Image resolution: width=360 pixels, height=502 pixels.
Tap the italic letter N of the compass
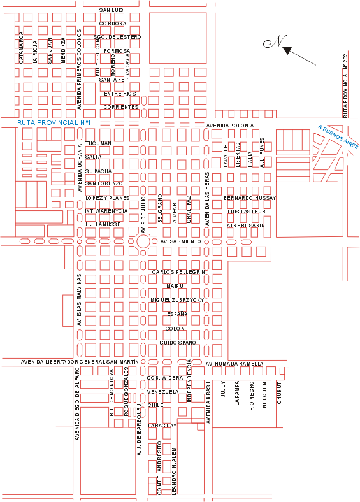pos(278,42)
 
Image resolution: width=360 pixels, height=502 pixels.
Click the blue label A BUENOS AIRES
pos(338,136)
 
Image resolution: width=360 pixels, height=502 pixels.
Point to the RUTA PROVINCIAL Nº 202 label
pos(345,86)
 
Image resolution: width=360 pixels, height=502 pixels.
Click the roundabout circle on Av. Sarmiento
pos(143,241)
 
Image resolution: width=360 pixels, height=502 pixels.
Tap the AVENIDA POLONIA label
pos(229,125)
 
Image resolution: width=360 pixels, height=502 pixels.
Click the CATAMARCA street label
pos(21,48)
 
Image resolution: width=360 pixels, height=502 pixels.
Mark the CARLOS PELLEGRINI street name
pos(180,272)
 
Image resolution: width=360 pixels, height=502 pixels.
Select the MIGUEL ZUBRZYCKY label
pos(176,299)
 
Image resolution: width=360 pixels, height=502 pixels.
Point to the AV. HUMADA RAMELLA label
pos(234,364)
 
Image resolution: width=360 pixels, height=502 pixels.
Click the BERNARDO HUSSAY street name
pos(250,198)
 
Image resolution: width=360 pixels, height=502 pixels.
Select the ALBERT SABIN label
pos(246,226)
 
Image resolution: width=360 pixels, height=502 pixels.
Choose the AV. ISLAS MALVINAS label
pos(80,301)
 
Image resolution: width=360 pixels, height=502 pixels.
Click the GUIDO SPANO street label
pos(178,343)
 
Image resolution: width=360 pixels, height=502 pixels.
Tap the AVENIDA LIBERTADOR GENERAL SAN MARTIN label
pos(80,362)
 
